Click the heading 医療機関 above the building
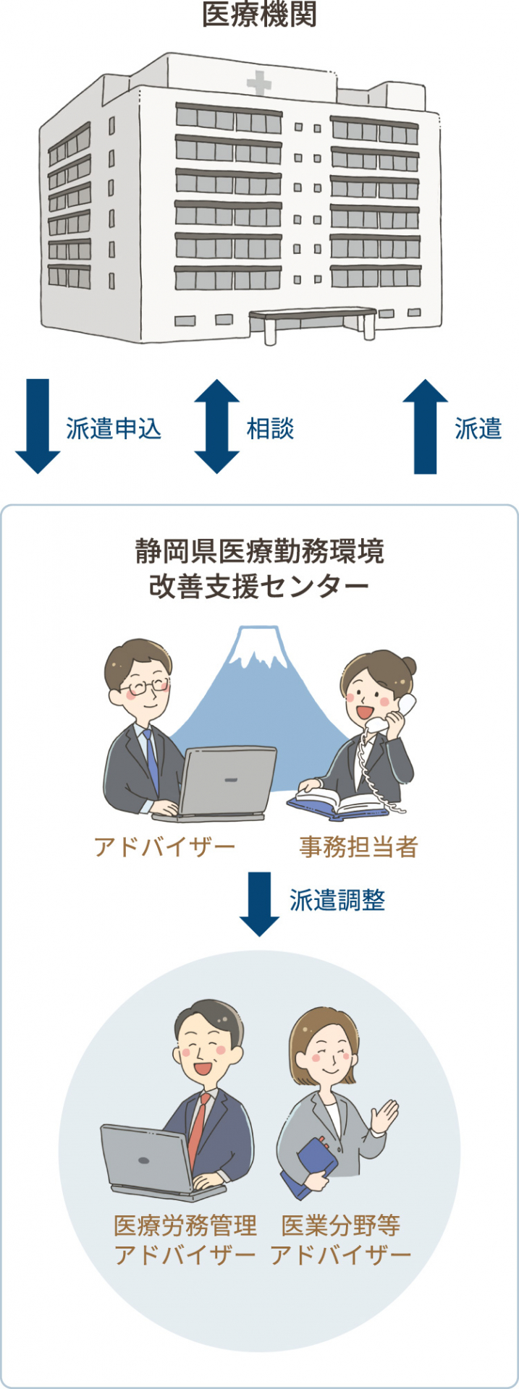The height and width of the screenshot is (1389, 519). coord(259,15)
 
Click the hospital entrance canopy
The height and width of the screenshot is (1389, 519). coord(313,316)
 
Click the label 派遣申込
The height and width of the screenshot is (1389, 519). coord(114,429)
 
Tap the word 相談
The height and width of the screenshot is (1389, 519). coord(270,429)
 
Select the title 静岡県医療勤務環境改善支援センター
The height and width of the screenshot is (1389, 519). coord(259,569)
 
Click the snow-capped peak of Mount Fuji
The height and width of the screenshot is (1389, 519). coord(255,645)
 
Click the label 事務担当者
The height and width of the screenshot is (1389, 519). coord(359,846)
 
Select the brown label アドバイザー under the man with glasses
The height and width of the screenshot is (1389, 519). coord(165,846)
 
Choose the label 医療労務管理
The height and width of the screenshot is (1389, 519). coord(185,1226)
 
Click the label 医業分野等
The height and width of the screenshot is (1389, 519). coord(341,1226)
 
